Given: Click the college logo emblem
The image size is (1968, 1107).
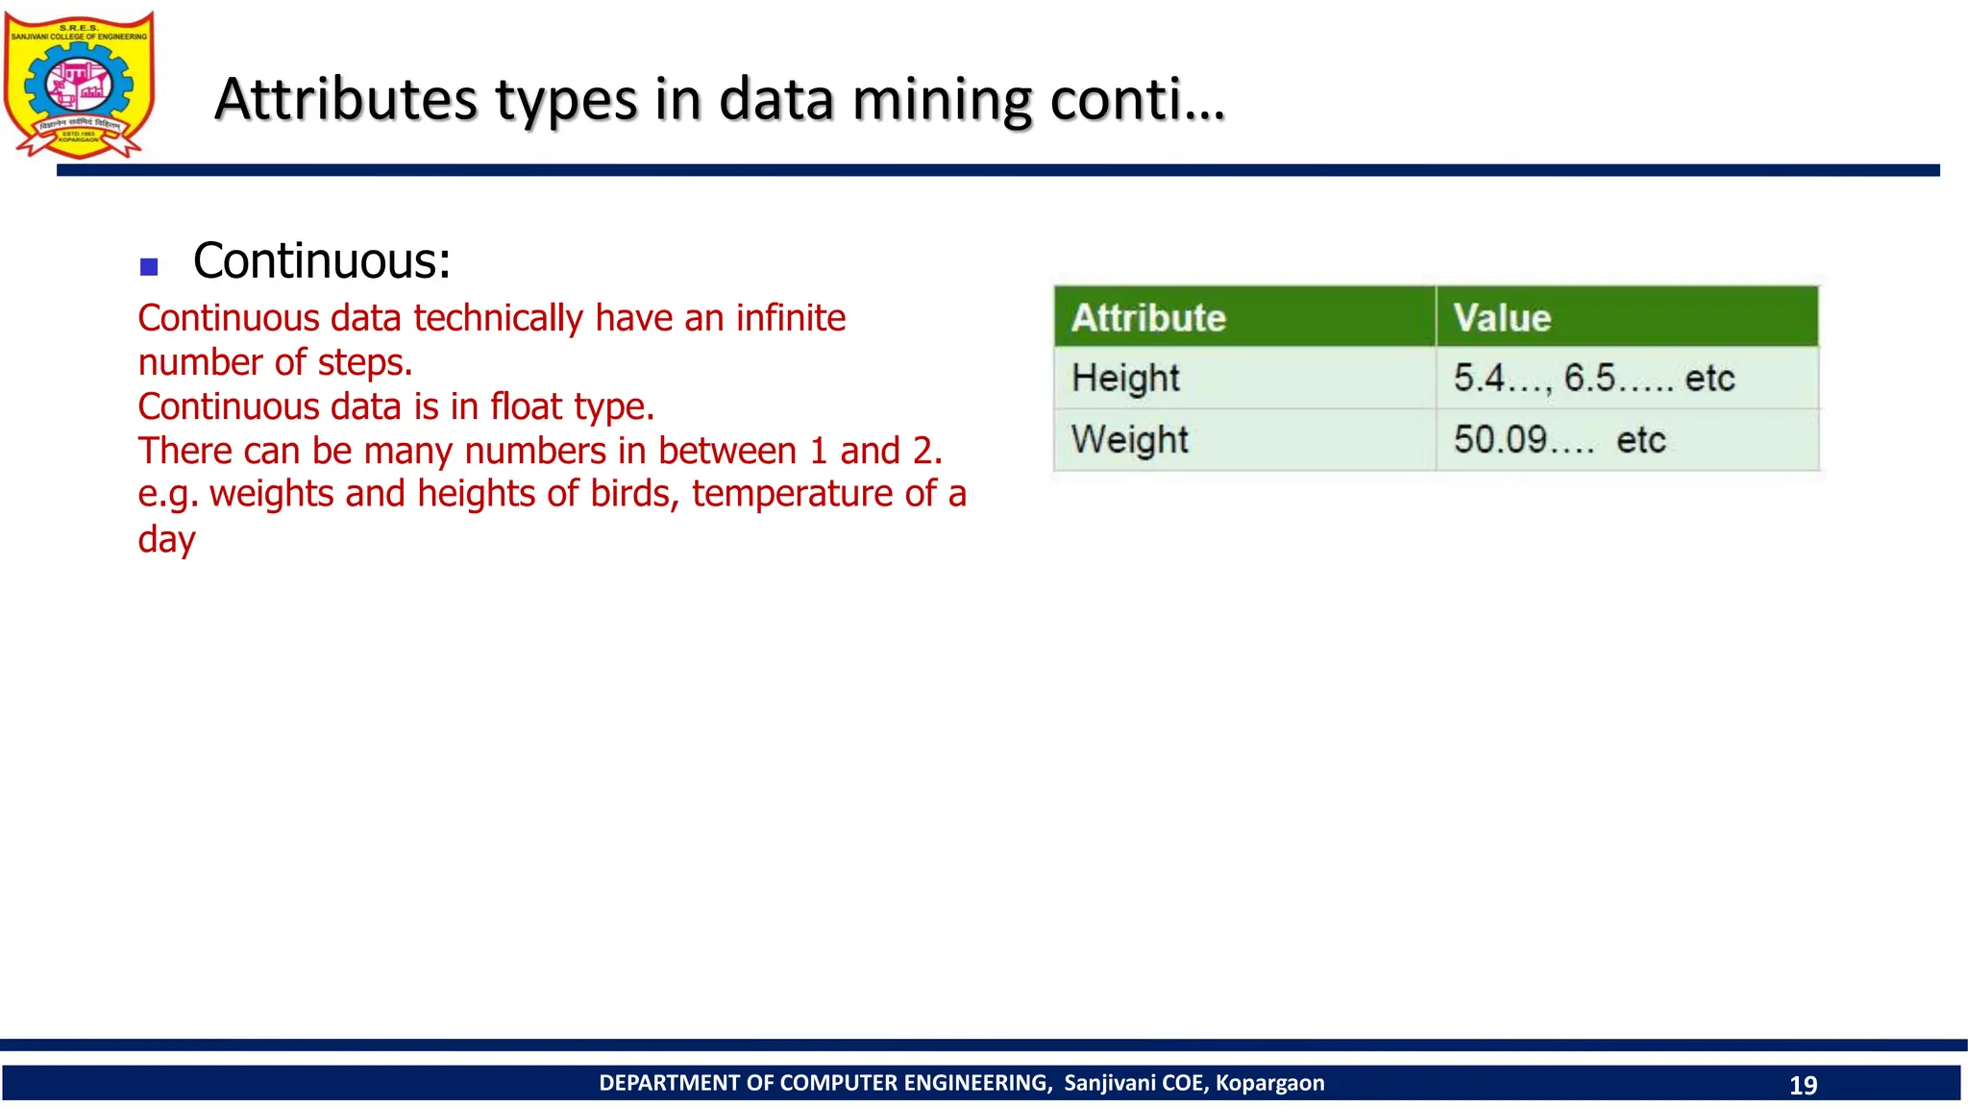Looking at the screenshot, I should coord(79,85).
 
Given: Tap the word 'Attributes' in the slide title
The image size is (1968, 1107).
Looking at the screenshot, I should coord(346,100).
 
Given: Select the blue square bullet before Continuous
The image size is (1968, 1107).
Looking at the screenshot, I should coord(149,266).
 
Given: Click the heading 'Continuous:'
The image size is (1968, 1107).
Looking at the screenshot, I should coord(322,260).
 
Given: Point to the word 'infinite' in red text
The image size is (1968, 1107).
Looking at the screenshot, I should coord(790,318).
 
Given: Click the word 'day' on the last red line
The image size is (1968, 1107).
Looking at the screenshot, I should coord(166,539).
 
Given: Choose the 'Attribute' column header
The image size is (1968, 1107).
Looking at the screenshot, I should coord(1148,318).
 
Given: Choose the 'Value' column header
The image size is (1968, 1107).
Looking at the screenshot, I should coord(1502,318).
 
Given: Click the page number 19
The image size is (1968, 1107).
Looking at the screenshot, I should coord(1803,1085).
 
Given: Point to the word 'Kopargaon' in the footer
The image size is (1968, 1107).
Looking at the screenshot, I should coord(1269,1083).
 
